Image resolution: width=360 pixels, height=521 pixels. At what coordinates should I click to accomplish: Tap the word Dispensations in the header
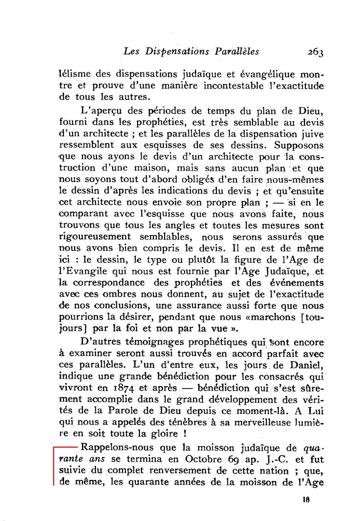[177, 51]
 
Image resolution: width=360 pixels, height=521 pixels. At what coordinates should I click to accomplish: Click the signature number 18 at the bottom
[306, 499]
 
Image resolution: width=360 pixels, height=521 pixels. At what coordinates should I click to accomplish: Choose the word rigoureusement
[95, 237]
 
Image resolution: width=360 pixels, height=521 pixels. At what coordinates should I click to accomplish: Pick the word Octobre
[204, 459]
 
